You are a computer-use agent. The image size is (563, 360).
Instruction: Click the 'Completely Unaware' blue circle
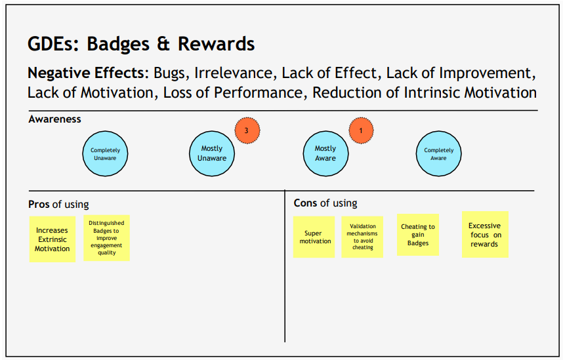pyautogui.click(x=106, y=154)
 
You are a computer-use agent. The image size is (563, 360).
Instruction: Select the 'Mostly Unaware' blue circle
pyautogui.click(x=212, y=153)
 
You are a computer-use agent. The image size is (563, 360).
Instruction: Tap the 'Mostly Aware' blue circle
pyautogui.click(x=325, y=153)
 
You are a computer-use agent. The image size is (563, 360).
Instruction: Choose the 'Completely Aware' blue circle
pyautogui.click(x=438, y=154)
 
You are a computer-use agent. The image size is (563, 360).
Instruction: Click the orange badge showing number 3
pyautogui.click(x=247, y=130)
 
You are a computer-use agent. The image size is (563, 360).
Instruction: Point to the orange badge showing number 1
pyautogui.click(x=361, y=130)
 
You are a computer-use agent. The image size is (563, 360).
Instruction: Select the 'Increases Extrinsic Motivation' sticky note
pyautogui.click(x=52, y=239)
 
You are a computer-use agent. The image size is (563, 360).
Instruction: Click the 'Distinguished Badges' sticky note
pyautogui.click(x=106, y=238)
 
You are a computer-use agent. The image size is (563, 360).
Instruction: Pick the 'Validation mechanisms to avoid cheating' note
pyautogui.click(x=362, y=237)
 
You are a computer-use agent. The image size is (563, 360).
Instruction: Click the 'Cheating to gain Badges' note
pyautogui.click(x=418, y=235)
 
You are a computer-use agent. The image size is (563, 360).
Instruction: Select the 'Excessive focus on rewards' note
pyautogui.click(x=485, y=235)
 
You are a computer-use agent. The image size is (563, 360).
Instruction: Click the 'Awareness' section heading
pyautogui.click(x=55, y=119)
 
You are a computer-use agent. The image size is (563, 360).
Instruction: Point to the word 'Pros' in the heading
pyautogui.click(x=39, y=205)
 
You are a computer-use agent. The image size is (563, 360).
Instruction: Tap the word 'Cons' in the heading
pyautogui.click(x=305, y=203)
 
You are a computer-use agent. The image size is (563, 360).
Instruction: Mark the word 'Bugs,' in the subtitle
pyautogui.click(x=171, y=73)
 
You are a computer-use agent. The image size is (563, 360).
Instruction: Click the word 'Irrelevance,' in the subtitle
pyautogui.click(x=234, y=73)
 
